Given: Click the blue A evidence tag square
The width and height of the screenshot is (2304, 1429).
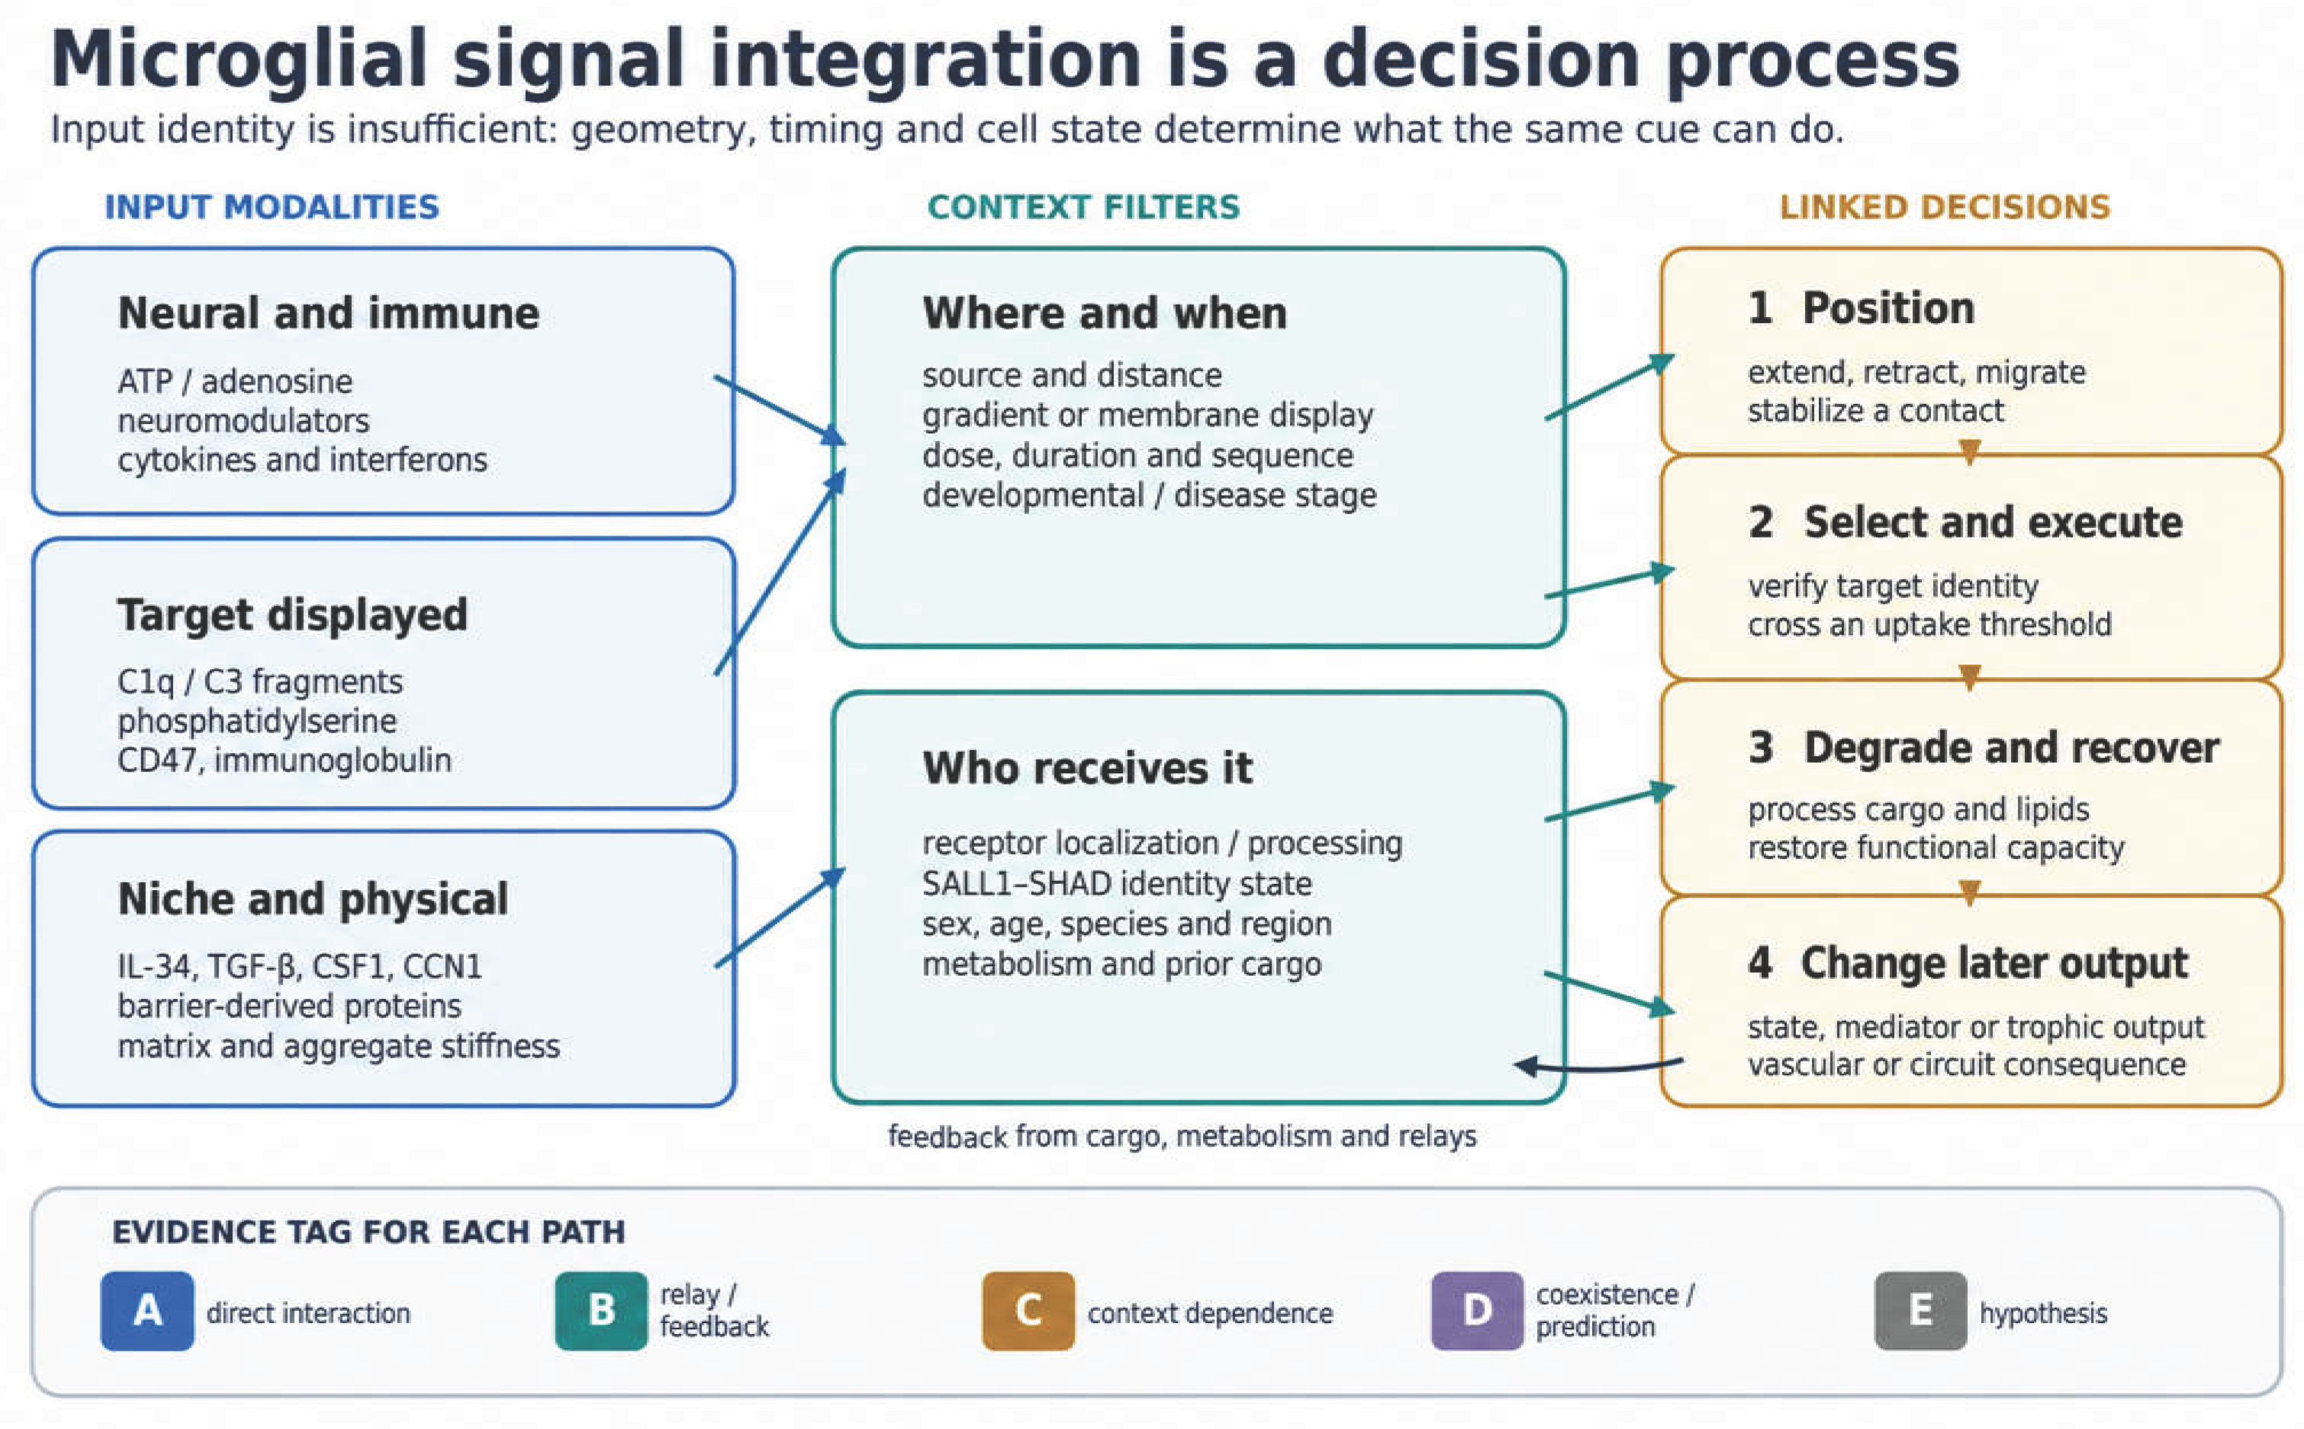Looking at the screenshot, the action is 148,1311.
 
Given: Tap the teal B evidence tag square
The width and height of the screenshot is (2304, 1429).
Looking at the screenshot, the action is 601,1311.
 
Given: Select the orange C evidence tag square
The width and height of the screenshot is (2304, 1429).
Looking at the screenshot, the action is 1028,1311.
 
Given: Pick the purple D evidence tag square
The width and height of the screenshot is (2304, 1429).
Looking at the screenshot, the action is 1477,1311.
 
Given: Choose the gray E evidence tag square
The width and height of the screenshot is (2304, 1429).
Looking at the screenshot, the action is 1920,1311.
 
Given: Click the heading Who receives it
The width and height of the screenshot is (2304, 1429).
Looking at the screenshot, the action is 1087,768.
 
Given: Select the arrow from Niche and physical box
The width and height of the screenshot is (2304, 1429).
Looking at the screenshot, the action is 780,917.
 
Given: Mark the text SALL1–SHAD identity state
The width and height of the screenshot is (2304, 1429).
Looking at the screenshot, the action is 1117,884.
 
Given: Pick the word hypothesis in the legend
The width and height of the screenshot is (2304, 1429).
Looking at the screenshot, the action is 2043,1313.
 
